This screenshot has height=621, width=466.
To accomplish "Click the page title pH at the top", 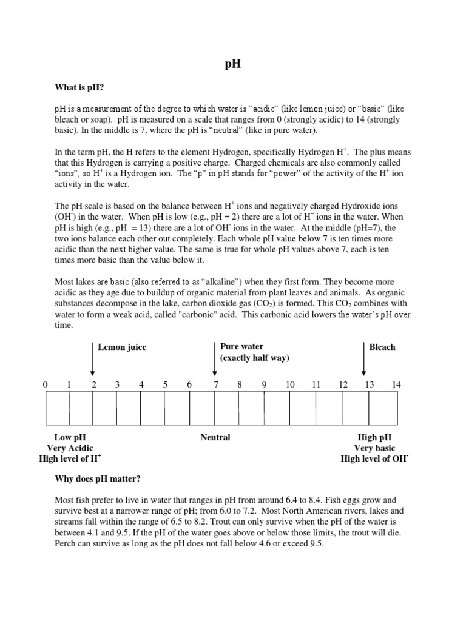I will [x=232, y=64].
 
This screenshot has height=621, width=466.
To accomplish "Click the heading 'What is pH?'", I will [x=79, y=89].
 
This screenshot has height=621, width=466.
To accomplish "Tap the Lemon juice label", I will [x=122, y=347].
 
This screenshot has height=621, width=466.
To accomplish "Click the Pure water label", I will [x=241, y=347].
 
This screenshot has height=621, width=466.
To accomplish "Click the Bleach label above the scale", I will [x=382, y=347].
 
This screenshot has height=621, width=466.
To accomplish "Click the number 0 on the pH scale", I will [x=45, y=384].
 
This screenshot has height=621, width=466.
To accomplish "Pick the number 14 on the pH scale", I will [x=396, y=384].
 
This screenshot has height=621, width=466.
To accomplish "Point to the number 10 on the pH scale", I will [x=290, y=384].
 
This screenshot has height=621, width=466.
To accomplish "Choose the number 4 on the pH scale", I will [x=141, y=384].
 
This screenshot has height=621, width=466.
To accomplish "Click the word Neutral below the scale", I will [x=215, y=437].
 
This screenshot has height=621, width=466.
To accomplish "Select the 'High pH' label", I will [x=374, y=437].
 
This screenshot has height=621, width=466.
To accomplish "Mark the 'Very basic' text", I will [x=374, y=448].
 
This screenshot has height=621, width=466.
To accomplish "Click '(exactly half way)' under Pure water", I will [x=255, y=358].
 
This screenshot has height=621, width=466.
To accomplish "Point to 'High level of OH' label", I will [x=374, y=459].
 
